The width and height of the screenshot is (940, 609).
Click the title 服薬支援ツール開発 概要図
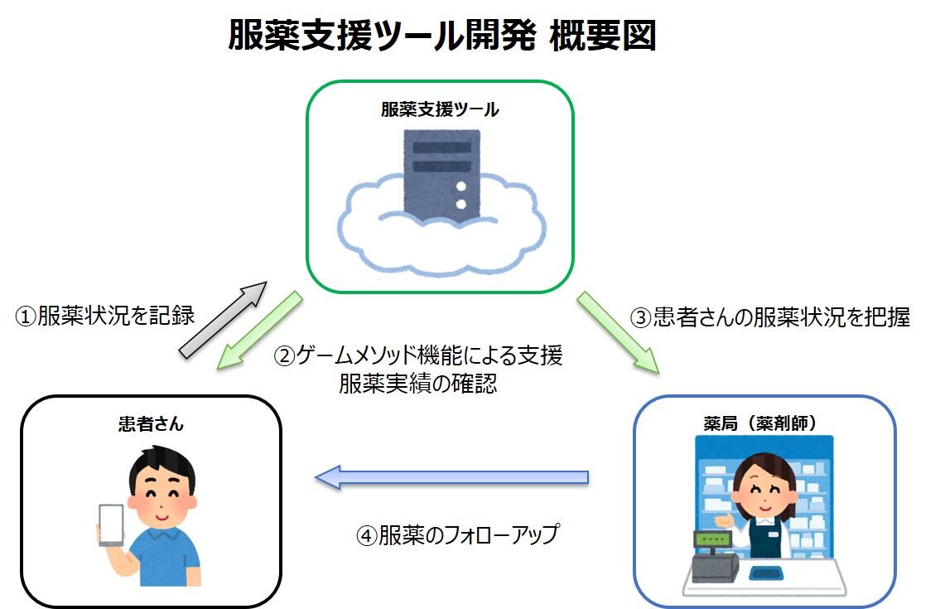[441, 36]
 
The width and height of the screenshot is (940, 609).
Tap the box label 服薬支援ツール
[440, 109]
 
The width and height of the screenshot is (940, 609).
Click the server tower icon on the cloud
[441, 175]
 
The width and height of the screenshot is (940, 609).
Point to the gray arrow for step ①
[223, 321]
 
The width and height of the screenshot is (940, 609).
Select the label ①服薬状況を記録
[105, 316]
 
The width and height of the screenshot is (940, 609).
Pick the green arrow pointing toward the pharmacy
[619, 332]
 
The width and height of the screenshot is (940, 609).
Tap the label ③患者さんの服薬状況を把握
[769, 317]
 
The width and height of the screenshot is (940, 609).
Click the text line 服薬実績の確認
[418, 384]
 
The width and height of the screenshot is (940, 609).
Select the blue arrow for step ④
[451, 477]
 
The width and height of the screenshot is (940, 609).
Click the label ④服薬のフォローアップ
[458, 534]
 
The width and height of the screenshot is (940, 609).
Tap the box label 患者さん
[151, 424]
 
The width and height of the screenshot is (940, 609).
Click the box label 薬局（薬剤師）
[760, 423]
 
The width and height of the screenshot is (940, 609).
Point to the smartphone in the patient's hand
[111, 525]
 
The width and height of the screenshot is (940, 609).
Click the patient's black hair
[161, 465]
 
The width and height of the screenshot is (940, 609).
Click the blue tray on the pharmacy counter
[767, 573]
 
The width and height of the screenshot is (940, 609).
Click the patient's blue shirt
[163, 558]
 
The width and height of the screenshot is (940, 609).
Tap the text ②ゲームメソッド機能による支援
[418, 355]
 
